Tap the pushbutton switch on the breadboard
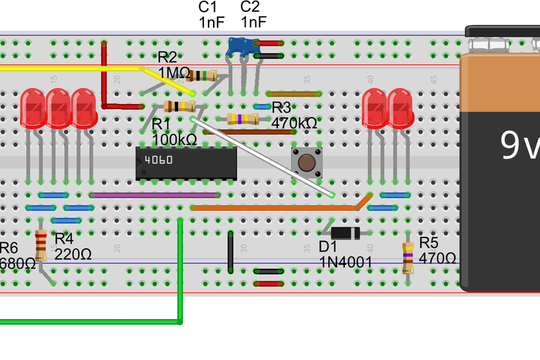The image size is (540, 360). click(305, 162)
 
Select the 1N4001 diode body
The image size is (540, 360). click(345, 233)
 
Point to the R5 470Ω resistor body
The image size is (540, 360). click(408, 257)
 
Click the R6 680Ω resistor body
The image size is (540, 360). click(41, 246)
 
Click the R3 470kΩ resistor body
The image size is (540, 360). click(243, 119)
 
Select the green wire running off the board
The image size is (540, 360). click(180, 278)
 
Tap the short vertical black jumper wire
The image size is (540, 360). click(230, 252)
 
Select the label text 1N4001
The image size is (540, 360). click(345, 263)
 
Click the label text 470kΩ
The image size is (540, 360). click(294, 123)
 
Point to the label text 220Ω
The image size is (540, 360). click(73, 253)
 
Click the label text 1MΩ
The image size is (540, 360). click(174, 72)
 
